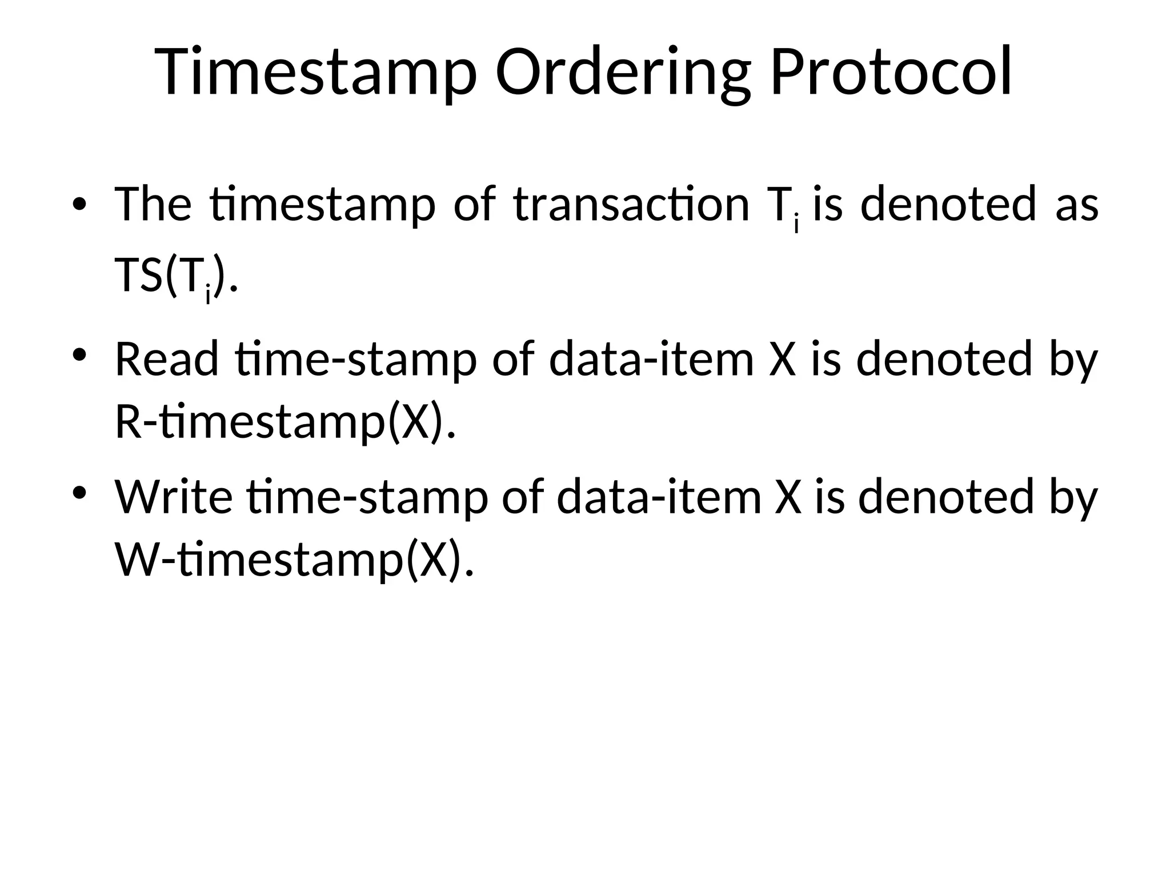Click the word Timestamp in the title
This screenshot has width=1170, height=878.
315,73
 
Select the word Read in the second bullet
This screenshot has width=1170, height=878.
166,359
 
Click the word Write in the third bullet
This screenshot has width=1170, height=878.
174,497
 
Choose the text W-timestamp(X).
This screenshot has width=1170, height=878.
294,561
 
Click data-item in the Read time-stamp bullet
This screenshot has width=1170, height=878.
651,359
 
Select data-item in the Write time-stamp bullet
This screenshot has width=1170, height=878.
659,497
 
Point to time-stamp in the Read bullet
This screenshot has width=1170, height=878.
355,359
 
